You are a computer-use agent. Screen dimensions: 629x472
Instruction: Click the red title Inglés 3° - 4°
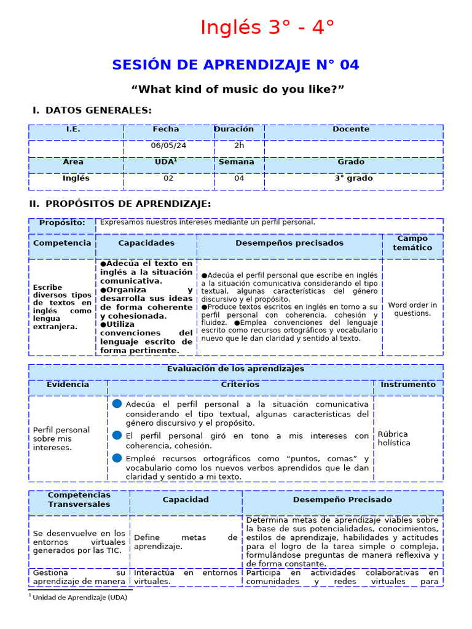point(267,28)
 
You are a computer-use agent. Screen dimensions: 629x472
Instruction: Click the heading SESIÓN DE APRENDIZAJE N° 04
point(235,65)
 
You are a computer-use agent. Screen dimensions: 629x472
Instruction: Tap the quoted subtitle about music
point(237,90)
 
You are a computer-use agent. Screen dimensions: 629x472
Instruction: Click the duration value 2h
point(239,146)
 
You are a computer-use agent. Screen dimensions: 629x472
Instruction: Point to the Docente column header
point(351,130)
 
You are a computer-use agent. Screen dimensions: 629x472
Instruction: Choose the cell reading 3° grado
point(353,179)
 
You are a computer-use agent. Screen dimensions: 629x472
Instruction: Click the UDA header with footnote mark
point(166,162)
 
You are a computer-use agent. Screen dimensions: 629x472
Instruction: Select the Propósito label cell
point(62,222)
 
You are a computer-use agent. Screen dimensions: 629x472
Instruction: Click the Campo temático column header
point(412,243)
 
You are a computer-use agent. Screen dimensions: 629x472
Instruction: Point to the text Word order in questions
point(412,309)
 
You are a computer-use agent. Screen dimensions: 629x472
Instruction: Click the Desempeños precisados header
point(289,243)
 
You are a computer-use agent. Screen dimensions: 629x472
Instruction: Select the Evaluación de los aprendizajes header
point(235,369)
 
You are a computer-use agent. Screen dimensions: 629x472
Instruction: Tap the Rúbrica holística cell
point(394,439)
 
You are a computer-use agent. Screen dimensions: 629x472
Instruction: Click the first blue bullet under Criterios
point(117,404)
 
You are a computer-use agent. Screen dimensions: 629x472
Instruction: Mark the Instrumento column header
point(407,385)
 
